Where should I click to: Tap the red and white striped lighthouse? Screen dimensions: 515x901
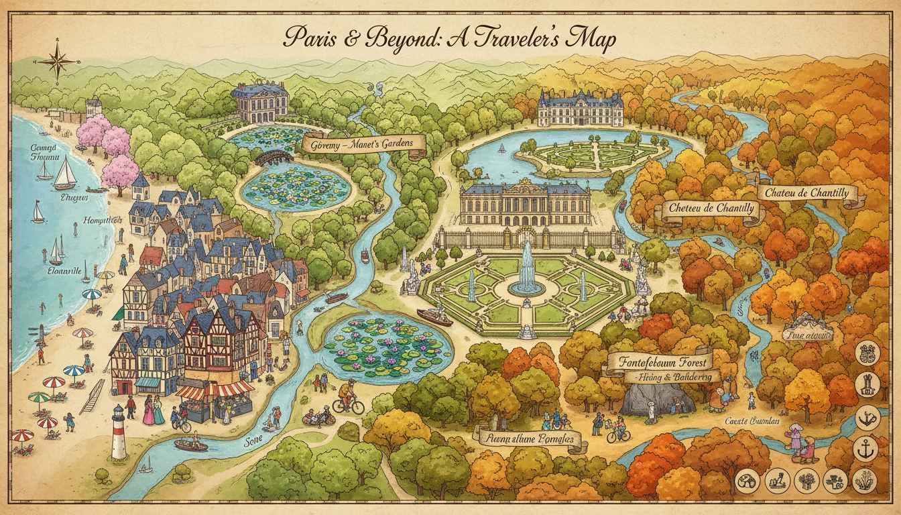coord(119,433)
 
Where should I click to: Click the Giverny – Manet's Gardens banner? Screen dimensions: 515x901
coord(363,143)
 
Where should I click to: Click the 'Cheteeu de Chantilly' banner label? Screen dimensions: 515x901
coord(711,209)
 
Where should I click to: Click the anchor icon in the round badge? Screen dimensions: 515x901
coord(865,449)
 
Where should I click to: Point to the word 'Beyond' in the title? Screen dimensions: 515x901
coord(367,40)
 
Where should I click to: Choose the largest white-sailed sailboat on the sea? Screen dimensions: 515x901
coord(65,174)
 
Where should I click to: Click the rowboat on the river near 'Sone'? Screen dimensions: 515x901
coord(190,444)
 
